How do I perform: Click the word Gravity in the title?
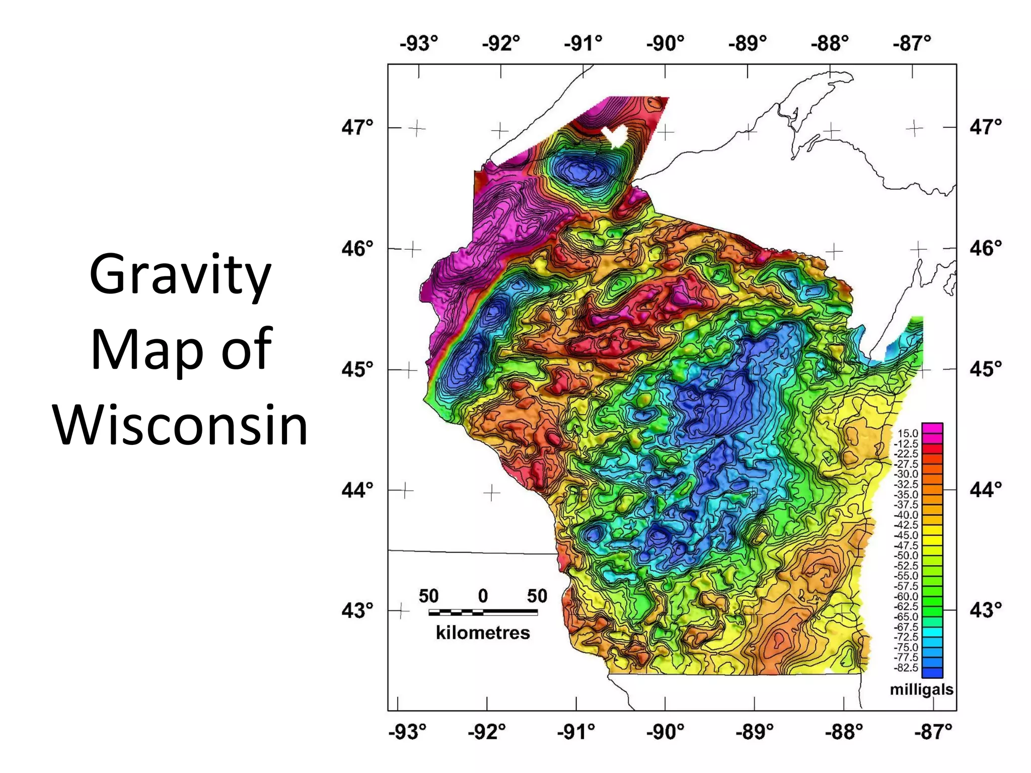tap(180, 275)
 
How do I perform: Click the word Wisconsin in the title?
tap(180, 425)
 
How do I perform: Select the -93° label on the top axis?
tap(419, 43)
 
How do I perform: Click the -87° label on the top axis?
tap(912, 43)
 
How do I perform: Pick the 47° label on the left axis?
tap(358, 127)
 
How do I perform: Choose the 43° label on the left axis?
tap(358, 610)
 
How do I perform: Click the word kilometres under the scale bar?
tap(483, 633)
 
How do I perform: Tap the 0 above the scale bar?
tap(483, 596)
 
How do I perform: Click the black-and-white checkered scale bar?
tap(483, 612)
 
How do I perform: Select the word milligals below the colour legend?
tap(921, 689)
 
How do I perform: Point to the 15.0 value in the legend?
tap(908, 433)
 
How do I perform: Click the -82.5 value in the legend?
tap(906, 668)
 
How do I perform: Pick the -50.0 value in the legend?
tap(906, 556)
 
